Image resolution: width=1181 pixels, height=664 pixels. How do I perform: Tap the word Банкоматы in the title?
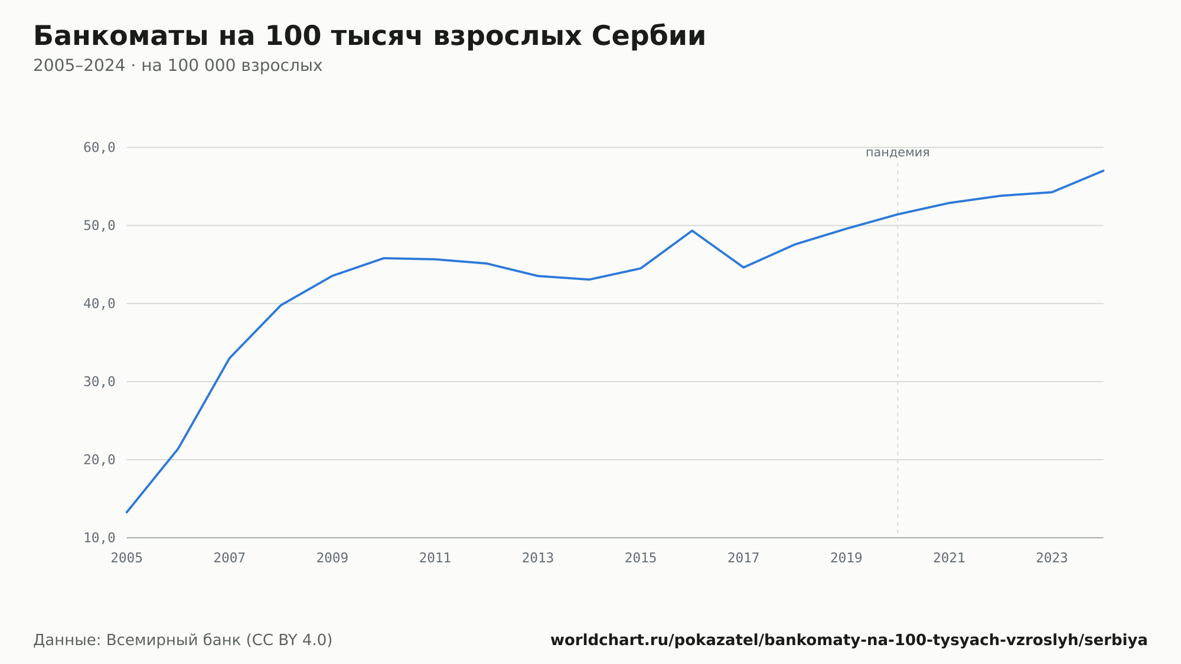(x=120, y=36)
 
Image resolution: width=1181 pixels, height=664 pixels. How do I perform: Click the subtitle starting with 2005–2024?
(x=178, y=66)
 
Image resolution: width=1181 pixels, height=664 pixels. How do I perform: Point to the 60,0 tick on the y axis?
(x=99, y=148)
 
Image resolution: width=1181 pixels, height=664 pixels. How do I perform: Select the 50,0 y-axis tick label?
(x=99, y=226)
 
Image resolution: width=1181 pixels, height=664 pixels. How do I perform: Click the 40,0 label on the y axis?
(x=99, y=304)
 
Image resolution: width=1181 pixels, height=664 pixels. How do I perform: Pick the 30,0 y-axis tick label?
(x=99, y=382)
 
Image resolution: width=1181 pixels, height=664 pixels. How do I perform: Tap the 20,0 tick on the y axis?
(x=99, y=460)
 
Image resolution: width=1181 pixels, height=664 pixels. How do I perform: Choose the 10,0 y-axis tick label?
(x=99, y=538)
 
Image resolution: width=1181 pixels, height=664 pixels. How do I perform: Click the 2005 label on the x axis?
(x=127, y=558)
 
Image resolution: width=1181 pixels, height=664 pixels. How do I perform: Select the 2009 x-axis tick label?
(x=332, y=558)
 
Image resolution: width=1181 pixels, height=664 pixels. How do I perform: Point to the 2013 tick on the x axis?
(x=538, y=558)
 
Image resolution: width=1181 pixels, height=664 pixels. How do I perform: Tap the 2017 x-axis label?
(x=743, y=558)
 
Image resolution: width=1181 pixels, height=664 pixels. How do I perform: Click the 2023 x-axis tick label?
(x=1052, y=558)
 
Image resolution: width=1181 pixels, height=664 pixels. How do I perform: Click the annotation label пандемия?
(x=898, y=152)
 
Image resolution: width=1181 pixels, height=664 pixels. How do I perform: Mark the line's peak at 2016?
(x=692, y=230)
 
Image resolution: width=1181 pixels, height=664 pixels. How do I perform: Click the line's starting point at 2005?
(x=127, y=512)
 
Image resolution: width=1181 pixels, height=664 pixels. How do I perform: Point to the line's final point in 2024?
(x=1103, y=171)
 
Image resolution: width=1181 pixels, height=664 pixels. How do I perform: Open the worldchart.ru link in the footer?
(x=849, y=640)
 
